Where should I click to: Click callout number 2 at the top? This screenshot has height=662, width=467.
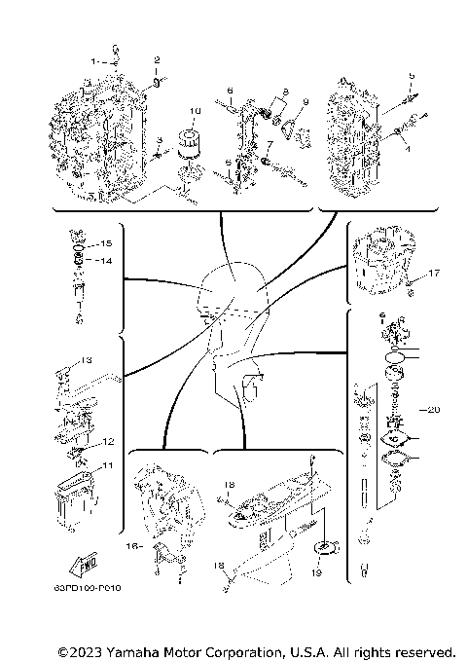[156, 60]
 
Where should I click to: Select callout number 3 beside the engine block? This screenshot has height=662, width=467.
[159, 141]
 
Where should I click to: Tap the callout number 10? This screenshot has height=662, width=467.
[195, 110]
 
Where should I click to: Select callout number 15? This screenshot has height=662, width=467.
[108, 241]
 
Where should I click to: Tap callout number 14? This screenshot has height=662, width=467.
[108, 261]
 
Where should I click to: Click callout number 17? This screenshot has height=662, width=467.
[435, 274]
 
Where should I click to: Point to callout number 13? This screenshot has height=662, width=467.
[86, 360]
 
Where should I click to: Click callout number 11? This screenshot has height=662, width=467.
[108, 465]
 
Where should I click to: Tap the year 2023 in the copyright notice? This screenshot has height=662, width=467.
[89, 651]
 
